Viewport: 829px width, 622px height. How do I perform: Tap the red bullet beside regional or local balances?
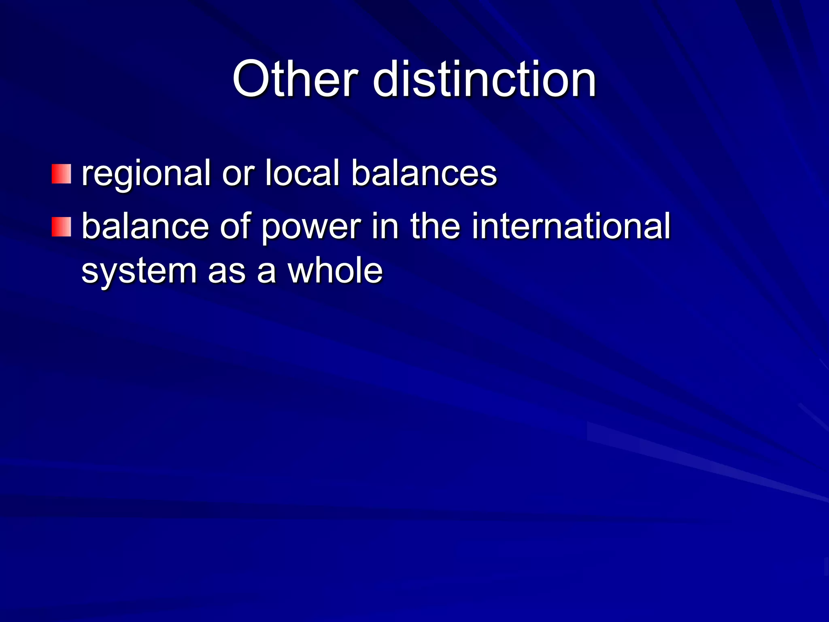(x=61, y=174)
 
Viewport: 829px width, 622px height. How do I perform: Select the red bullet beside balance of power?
(x=61, y=227)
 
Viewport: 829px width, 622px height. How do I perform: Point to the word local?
(x=302, y=173)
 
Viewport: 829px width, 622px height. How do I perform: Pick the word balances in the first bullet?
(x=424, y=173)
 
